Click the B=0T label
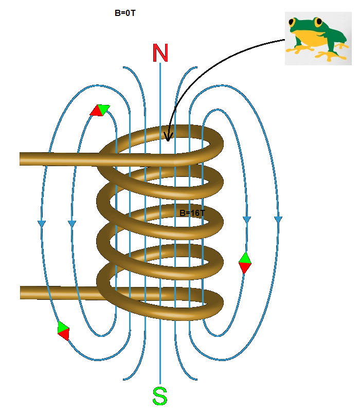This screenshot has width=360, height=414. point(125,13)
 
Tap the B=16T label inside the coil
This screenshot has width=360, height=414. point(192,213)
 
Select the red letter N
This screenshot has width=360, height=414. point(160,53)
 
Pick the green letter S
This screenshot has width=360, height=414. point(160,396)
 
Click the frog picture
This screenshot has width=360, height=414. point(318,38)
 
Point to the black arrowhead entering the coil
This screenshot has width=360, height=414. point(168,136)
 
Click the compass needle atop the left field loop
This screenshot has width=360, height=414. point(100,110)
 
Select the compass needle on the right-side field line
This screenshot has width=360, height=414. point(245,263)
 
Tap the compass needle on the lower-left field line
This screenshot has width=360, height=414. point(63,331)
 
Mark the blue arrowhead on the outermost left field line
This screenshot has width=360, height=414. point(42,223)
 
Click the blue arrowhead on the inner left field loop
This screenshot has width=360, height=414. point(72,223)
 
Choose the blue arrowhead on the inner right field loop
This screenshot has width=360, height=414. point(247,220)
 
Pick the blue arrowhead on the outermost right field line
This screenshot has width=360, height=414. point(278,220)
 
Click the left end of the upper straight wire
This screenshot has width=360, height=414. point(21,159)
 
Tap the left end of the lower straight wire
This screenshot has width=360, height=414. point(21,293)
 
